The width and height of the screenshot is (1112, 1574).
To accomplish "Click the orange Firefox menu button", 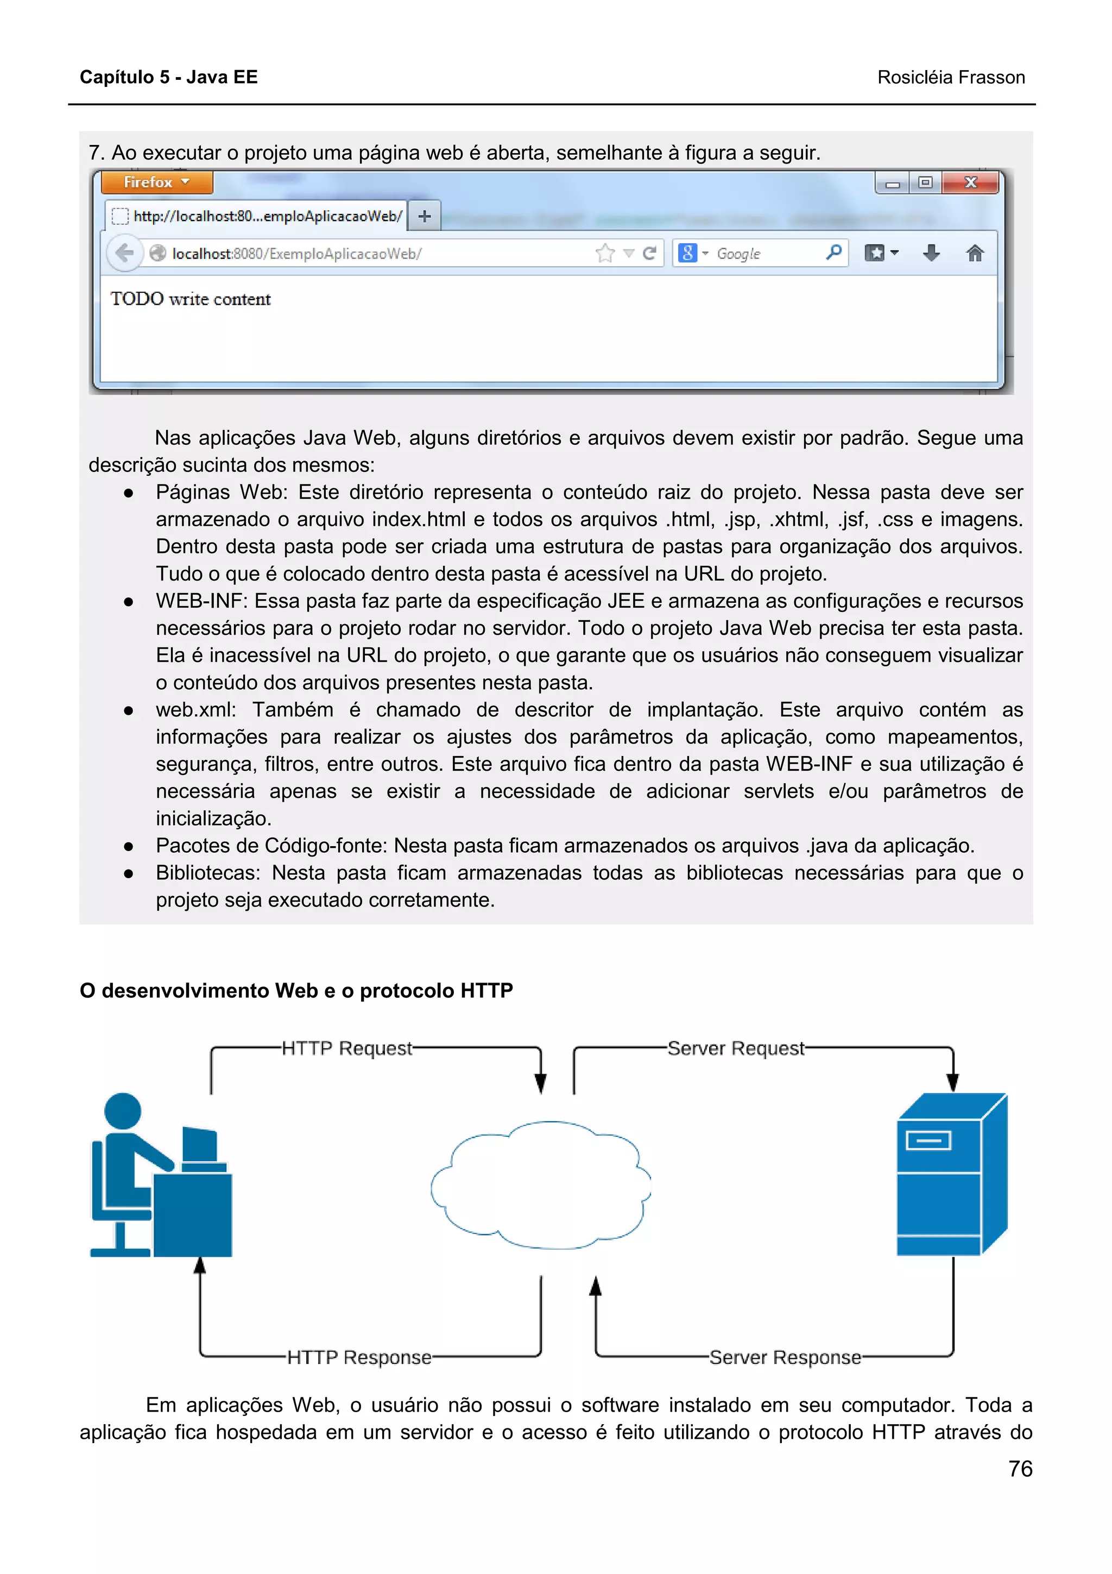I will (x=157, y=182).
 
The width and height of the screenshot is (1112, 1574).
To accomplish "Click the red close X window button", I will (x=970, y=182).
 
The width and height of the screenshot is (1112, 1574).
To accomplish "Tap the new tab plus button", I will (x=425, y=217).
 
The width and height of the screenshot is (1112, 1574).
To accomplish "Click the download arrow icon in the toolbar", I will (x=931, y=253).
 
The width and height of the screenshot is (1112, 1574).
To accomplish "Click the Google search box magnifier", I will (x=833, y=252).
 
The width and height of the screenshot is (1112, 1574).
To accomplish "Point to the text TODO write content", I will (x=191, y=299).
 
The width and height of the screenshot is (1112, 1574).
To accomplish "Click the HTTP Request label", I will (x=347, y=1048).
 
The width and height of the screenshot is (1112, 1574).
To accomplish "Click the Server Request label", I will (x=736, y=1048).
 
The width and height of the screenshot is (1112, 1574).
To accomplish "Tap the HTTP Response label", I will (x=359, y=1357).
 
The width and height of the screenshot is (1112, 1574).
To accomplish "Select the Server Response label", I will (x=785, y=1357).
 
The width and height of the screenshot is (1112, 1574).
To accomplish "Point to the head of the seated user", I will (x=123, y=1110).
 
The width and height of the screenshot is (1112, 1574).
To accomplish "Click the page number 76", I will (x=1020, y=1469).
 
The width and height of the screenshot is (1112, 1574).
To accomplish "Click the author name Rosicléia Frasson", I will (x=951, y=78).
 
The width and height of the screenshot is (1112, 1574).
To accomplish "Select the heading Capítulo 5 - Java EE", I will (x=168, y=77).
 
